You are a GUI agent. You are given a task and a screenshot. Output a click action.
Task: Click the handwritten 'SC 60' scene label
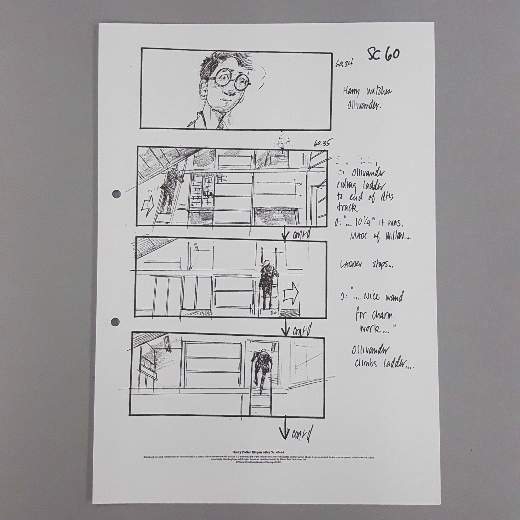tap(383, 54)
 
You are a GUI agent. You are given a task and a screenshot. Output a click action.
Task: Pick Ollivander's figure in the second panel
tap(169, 188)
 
